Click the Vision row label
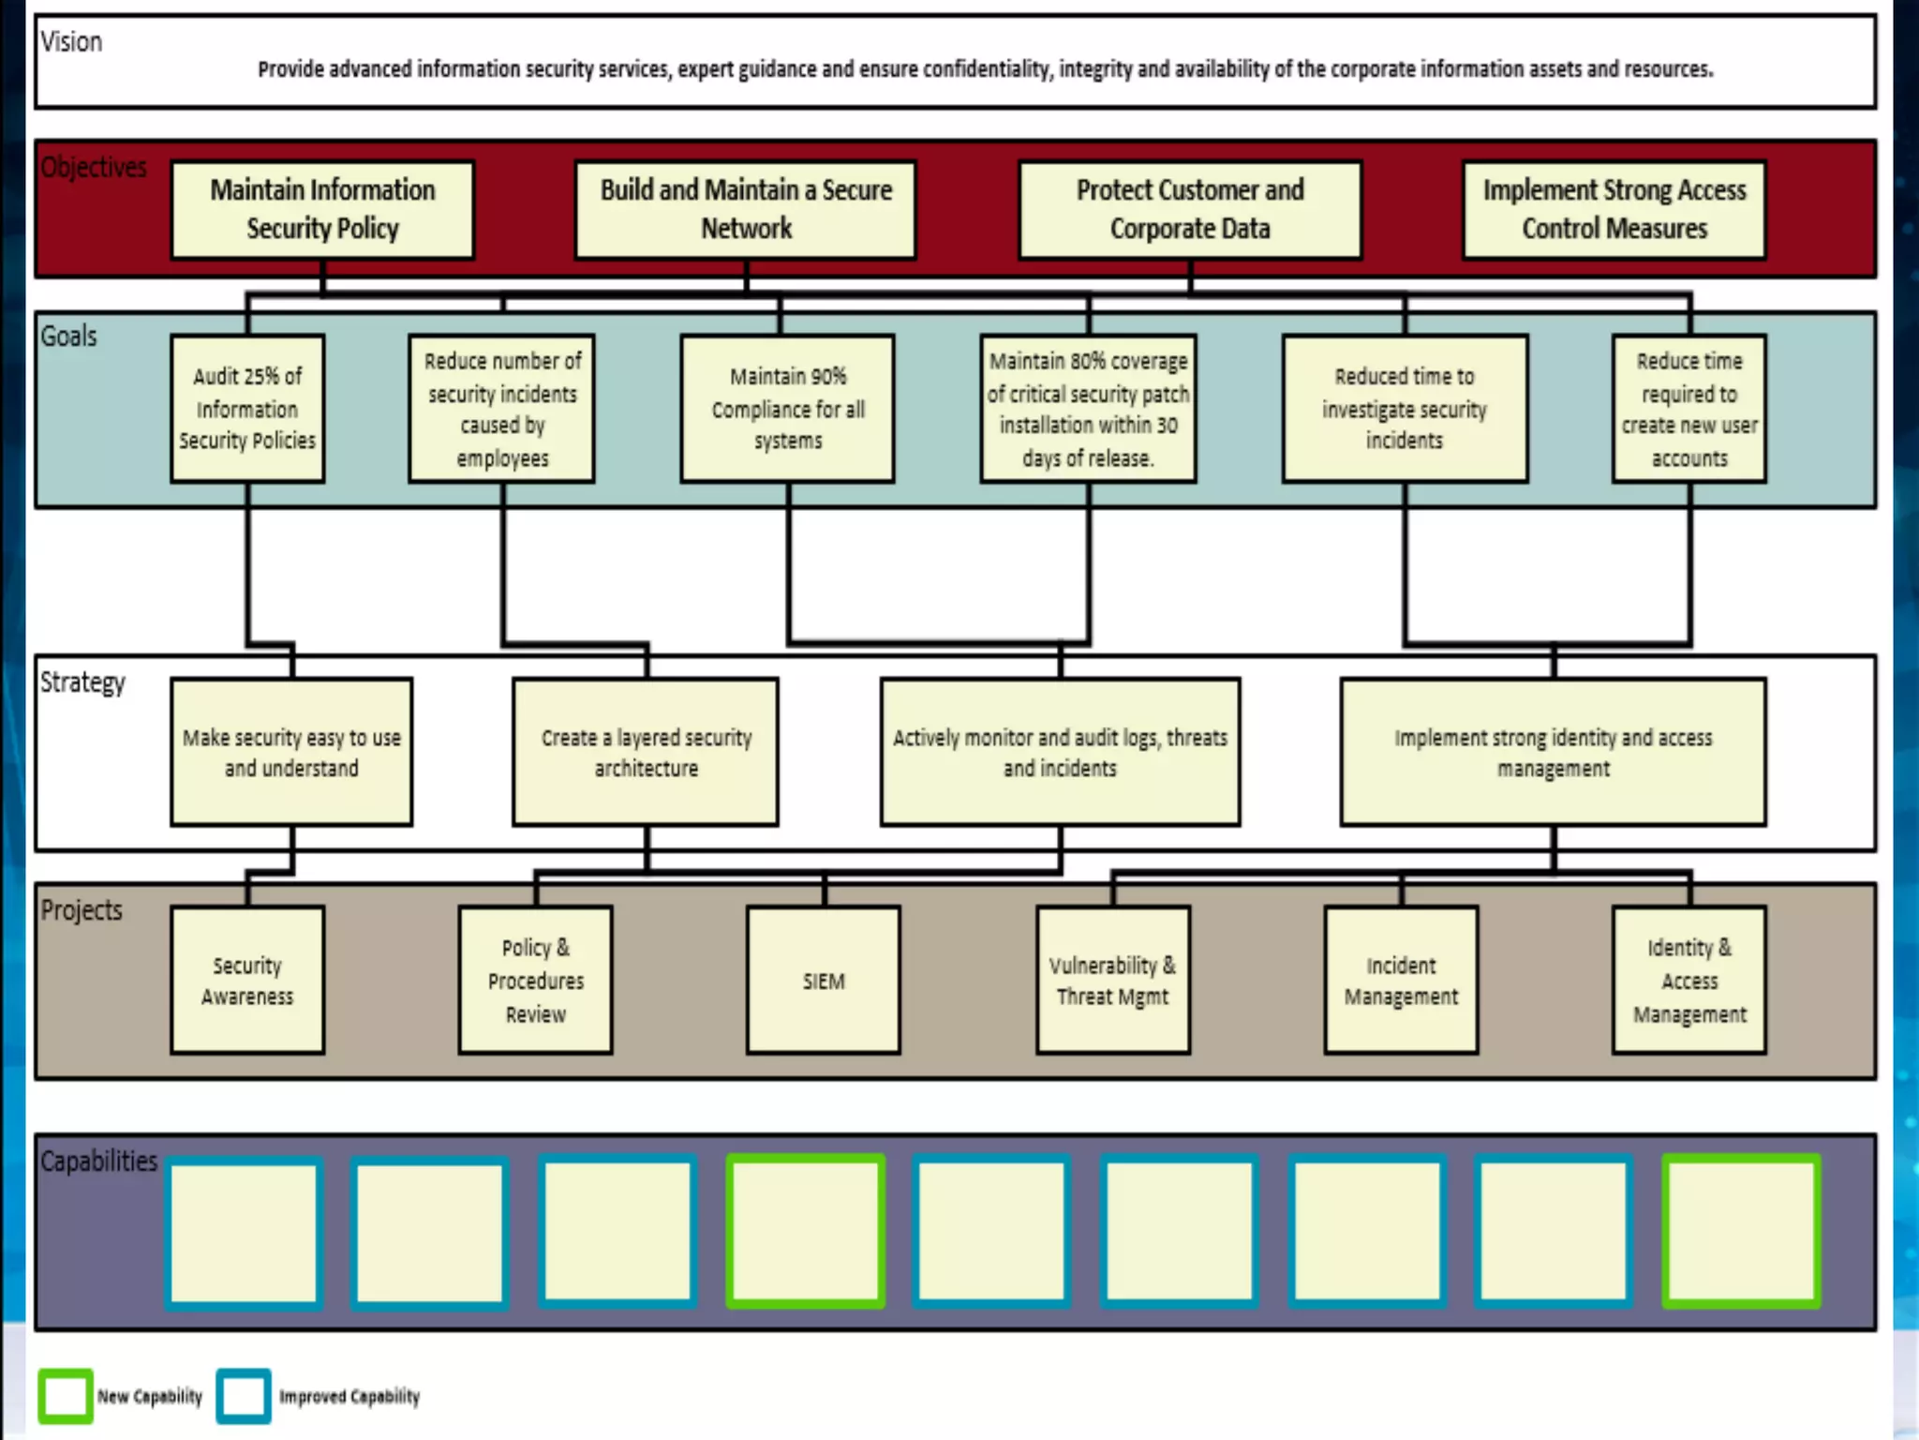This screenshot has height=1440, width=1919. (71, 42)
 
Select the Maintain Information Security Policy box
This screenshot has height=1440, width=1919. (322, 209)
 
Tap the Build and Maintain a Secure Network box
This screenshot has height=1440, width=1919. (746, 209)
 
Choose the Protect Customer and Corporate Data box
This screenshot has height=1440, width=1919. (1190, 209)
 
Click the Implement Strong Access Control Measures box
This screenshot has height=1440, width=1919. (1614, 209)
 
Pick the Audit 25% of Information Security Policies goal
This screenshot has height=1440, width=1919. (247, 409)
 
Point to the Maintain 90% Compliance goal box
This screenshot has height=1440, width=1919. (788, 409)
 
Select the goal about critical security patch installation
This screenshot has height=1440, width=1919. (1088, 409)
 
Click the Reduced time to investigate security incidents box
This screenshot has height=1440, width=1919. (1405, 409)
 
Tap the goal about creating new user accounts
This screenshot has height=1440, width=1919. (1689, 409)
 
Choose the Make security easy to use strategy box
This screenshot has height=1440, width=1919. (291, 752)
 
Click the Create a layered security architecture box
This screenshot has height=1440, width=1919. (646, 752)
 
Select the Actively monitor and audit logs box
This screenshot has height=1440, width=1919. (1060, 752)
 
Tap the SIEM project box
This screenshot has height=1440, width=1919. (824, 981)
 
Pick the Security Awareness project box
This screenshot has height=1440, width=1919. (247, 981)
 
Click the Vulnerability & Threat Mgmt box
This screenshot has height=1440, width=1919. (1113, 981)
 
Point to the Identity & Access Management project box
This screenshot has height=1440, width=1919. (1689, 981)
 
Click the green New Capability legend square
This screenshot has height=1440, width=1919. (66, 1396)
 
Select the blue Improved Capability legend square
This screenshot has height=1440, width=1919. (244, 1396)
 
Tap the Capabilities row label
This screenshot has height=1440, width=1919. (98, 1161)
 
